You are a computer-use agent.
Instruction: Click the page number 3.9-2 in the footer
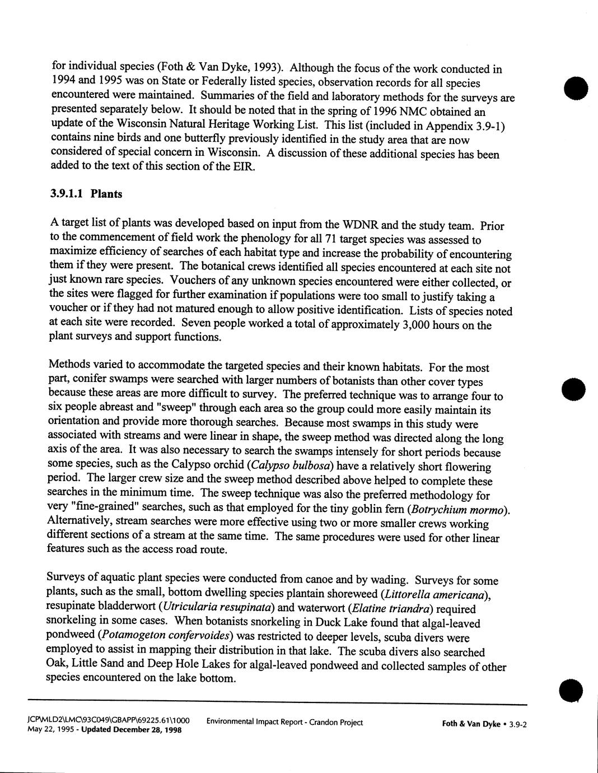click(x=518, y=724)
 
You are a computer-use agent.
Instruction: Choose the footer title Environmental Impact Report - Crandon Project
click(x=284, y=723)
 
